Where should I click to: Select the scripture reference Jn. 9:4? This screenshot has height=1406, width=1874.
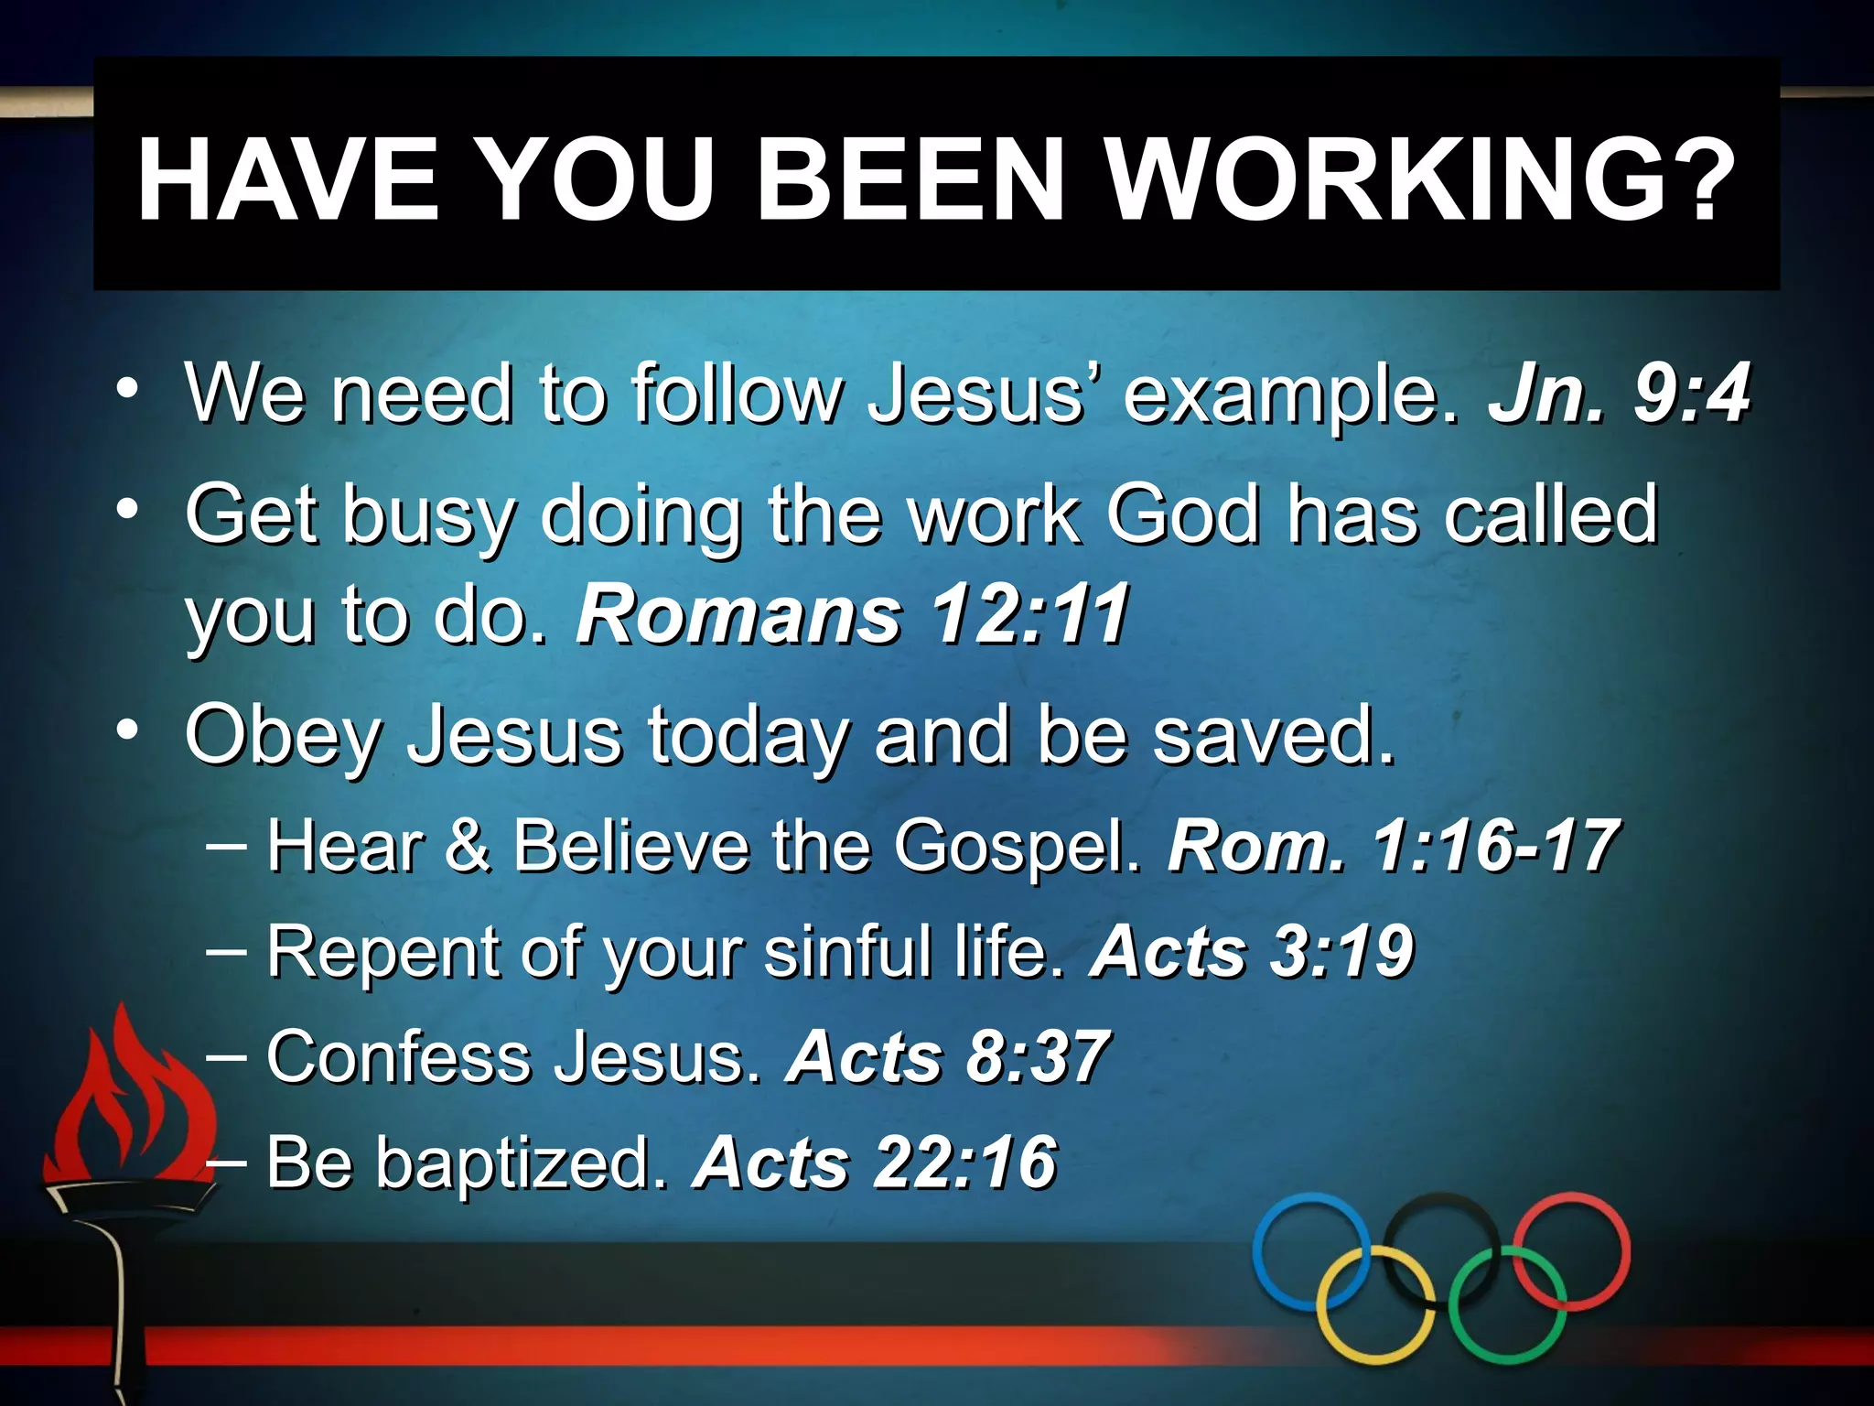click(x=1619, y=394)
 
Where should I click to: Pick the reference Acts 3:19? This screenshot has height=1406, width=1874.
click(x=1252, y=952)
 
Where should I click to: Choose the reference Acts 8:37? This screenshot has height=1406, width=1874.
click(x=947, y=1057)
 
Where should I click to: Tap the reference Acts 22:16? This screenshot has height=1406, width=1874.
click(x=875, y=1163)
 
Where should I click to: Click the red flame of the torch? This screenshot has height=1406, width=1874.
click(x=128, y=1098)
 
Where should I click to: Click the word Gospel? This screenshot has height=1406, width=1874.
click(x=1017, y=846)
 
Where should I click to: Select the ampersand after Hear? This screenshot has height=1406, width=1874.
click(x=468, y=846)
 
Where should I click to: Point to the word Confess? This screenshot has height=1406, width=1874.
click(x=399, y=1057)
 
